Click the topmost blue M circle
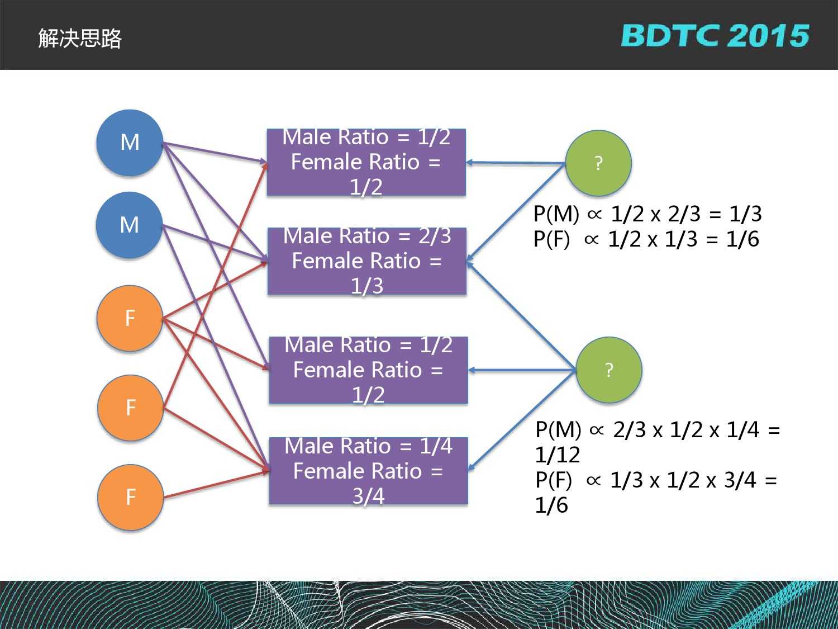click(130, 143)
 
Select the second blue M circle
click(130, 225)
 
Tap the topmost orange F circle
click(130, 318)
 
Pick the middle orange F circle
click(130, 408)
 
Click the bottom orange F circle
click(130, 497)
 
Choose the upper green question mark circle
click(598, 163)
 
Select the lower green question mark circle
click(608, 370)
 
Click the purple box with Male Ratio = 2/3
click(366, 261)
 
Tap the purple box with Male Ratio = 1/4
click(368, 471)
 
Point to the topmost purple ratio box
click(366, 162)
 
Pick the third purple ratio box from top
click(368, 370)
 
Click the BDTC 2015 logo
click(715, 36)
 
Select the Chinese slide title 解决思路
click(80, 39)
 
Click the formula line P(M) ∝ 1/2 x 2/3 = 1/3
click(647, 214)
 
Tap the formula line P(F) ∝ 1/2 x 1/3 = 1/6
click(646, 239)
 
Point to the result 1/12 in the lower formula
click(558, 455)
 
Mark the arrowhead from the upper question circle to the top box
click(470, 162)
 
